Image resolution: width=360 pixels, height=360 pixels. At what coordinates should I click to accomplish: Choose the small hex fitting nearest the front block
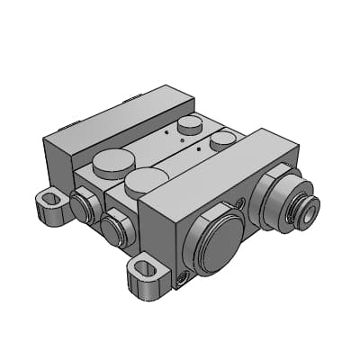pyautogui.click(x=115, y=229)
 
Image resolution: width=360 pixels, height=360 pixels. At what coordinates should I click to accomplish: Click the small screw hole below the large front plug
pyautogui.click(x=186, y=280)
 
